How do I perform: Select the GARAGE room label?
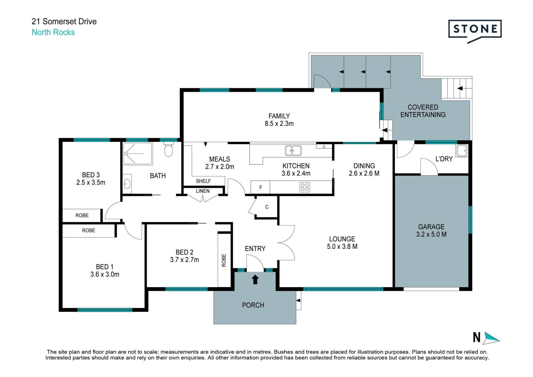click(431, 227)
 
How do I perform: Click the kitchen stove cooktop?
click(305, 187)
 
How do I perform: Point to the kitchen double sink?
click(293, 151)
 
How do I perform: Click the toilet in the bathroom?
click(169, 149)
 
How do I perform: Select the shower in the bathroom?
click(138, 153)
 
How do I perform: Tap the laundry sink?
click(462, 151)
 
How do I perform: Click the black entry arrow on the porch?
click(255, 279)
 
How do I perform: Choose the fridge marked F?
click(260, 187)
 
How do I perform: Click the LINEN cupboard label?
click(203, 191)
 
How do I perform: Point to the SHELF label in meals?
click(203, 181)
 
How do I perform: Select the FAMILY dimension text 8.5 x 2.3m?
click(279, 124)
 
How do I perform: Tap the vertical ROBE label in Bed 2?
click(224, 260)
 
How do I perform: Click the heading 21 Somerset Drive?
click(64, 21)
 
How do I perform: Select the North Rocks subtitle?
click(53, 32)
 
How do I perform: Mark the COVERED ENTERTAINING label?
click(423, 111)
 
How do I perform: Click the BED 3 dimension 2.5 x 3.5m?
click(91, 183)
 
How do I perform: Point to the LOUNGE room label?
click(342, 239)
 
